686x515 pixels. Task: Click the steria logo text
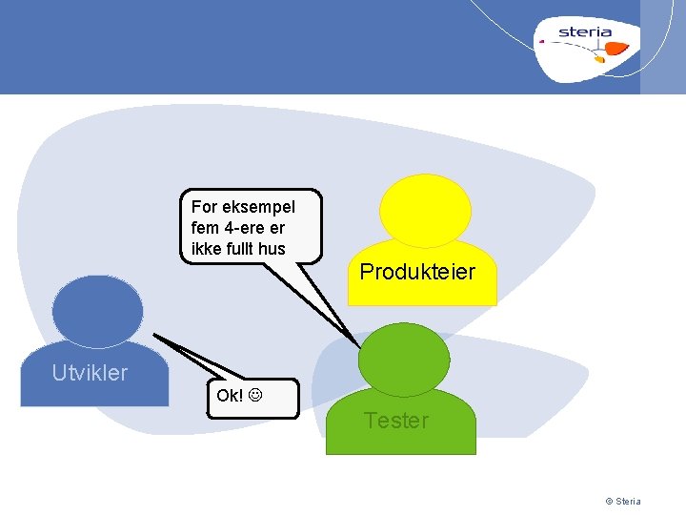point(585,31)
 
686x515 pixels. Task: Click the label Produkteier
point(417,272)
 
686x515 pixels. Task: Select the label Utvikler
point(90,373)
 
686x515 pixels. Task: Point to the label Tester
point(396,421)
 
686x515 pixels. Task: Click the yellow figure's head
point(425,211)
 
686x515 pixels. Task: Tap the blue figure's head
point(97,311)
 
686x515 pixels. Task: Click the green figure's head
point(401,359)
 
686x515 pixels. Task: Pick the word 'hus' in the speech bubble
point(271,249)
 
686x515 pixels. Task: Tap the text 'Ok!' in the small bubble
point(230,396)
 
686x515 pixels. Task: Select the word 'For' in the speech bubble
point(205,207)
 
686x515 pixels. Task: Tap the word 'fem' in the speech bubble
point(205,228)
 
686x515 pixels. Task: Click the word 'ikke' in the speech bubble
point(205,249)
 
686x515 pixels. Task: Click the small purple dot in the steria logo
point(541,42)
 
